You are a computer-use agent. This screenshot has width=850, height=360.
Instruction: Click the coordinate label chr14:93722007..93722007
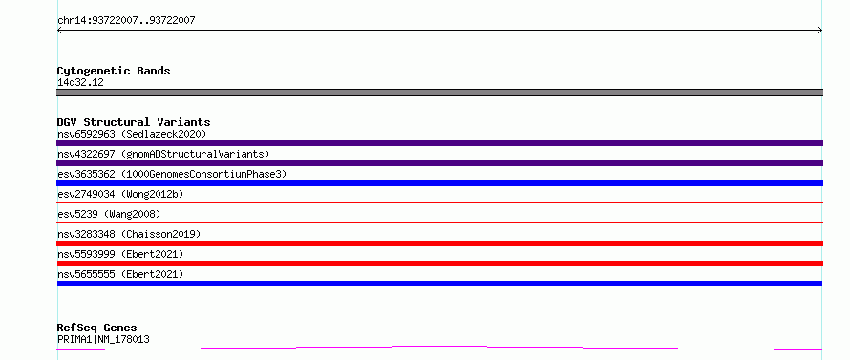126,21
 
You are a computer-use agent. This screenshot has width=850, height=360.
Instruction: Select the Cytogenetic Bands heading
114,71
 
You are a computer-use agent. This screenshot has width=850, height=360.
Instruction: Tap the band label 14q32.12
80,83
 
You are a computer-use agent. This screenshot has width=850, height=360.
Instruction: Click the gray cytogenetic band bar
439,93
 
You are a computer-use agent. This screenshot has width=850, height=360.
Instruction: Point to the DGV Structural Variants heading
134,122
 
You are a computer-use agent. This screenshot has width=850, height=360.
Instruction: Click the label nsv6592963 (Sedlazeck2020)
132,134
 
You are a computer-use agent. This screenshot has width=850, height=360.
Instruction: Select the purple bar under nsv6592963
439,143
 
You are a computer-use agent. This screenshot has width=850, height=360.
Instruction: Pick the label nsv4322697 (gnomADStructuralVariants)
163,154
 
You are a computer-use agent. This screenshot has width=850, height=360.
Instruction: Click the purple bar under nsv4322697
439,163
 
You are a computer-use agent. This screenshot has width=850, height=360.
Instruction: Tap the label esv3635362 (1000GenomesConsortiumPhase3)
172,174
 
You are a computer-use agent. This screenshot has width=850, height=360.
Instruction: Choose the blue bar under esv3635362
439,183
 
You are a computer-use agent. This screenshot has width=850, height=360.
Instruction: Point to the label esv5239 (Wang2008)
109,214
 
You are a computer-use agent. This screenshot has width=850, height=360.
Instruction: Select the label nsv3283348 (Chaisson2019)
129,234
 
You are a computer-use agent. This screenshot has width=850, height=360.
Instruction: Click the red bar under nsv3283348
439,244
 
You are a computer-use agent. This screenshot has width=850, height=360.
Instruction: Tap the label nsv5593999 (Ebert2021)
120,254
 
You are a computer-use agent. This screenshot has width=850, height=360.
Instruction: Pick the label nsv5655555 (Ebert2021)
120,274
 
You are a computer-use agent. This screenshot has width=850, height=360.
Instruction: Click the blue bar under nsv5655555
439,284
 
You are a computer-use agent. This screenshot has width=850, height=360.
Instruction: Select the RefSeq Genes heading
97,328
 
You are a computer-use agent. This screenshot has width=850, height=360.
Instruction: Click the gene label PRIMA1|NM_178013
103,340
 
